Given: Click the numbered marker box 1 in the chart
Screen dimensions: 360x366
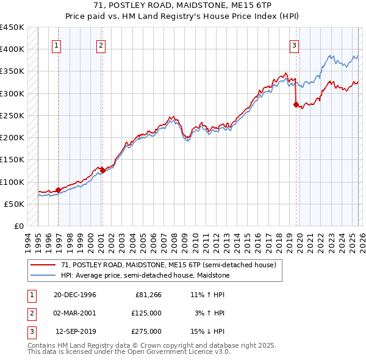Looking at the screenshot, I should coord(56,45).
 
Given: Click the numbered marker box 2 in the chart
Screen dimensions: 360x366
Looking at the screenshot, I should coord(100,45).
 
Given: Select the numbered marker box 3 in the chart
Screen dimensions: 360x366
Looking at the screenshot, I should coord(294,45).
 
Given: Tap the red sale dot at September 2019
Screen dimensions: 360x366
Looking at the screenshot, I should coord(296,105).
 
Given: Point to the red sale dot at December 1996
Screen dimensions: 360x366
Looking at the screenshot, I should coord(58,190).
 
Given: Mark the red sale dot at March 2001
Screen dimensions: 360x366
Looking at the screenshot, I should coord(102,171).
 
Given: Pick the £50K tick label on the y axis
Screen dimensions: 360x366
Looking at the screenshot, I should coord(14,204).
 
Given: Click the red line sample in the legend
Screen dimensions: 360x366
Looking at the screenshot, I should coord(43,265).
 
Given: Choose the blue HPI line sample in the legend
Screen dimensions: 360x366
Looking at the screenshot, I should coord(43,275).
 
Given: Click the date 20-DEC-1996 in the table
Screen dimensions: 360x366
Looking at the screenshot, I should coord(75,295).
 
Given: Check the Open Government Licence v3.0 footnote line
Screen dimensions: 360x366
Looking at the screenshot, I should coord(129,352).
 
